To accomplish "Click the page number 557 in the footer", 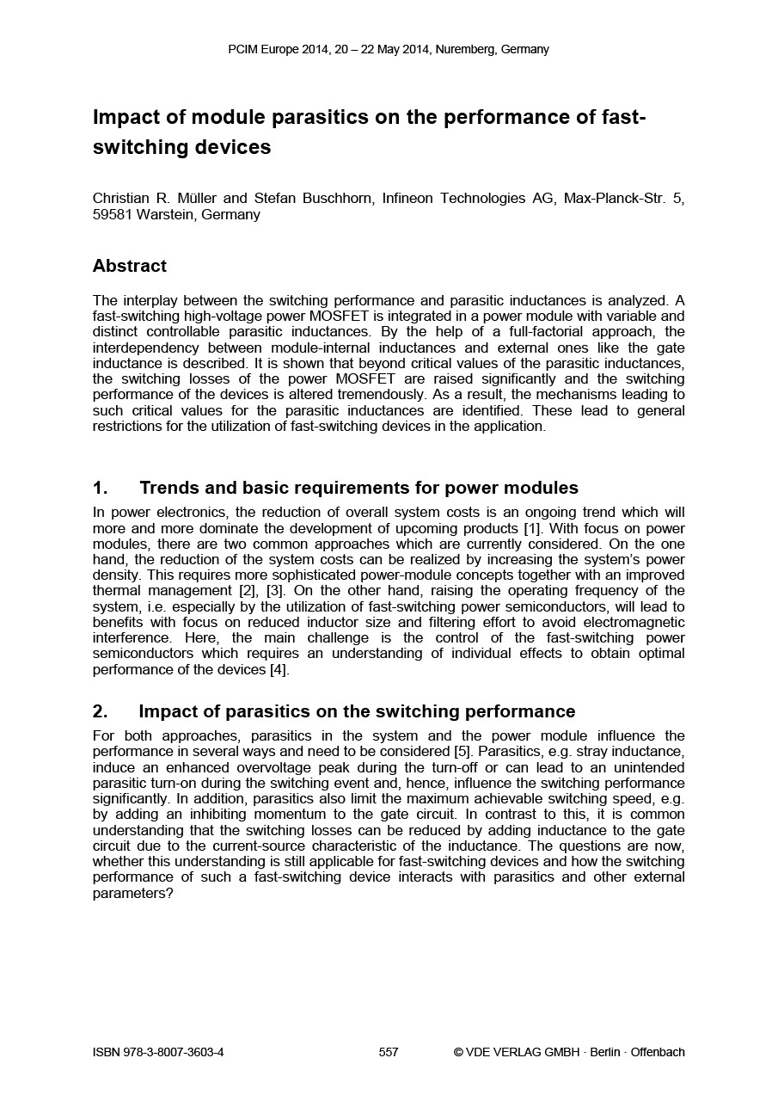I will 389,1052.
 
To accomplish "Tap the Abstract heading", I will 130,266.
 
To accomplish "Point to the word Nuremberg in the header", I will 465,49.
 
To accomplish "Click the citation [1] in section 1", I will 533,528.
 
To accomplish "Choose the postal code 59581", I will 112,215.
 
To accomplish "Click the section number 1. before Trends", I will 100,489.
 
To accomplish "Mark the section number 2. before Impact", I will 100,711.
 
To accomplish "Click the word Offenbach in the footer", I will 658,1052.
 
